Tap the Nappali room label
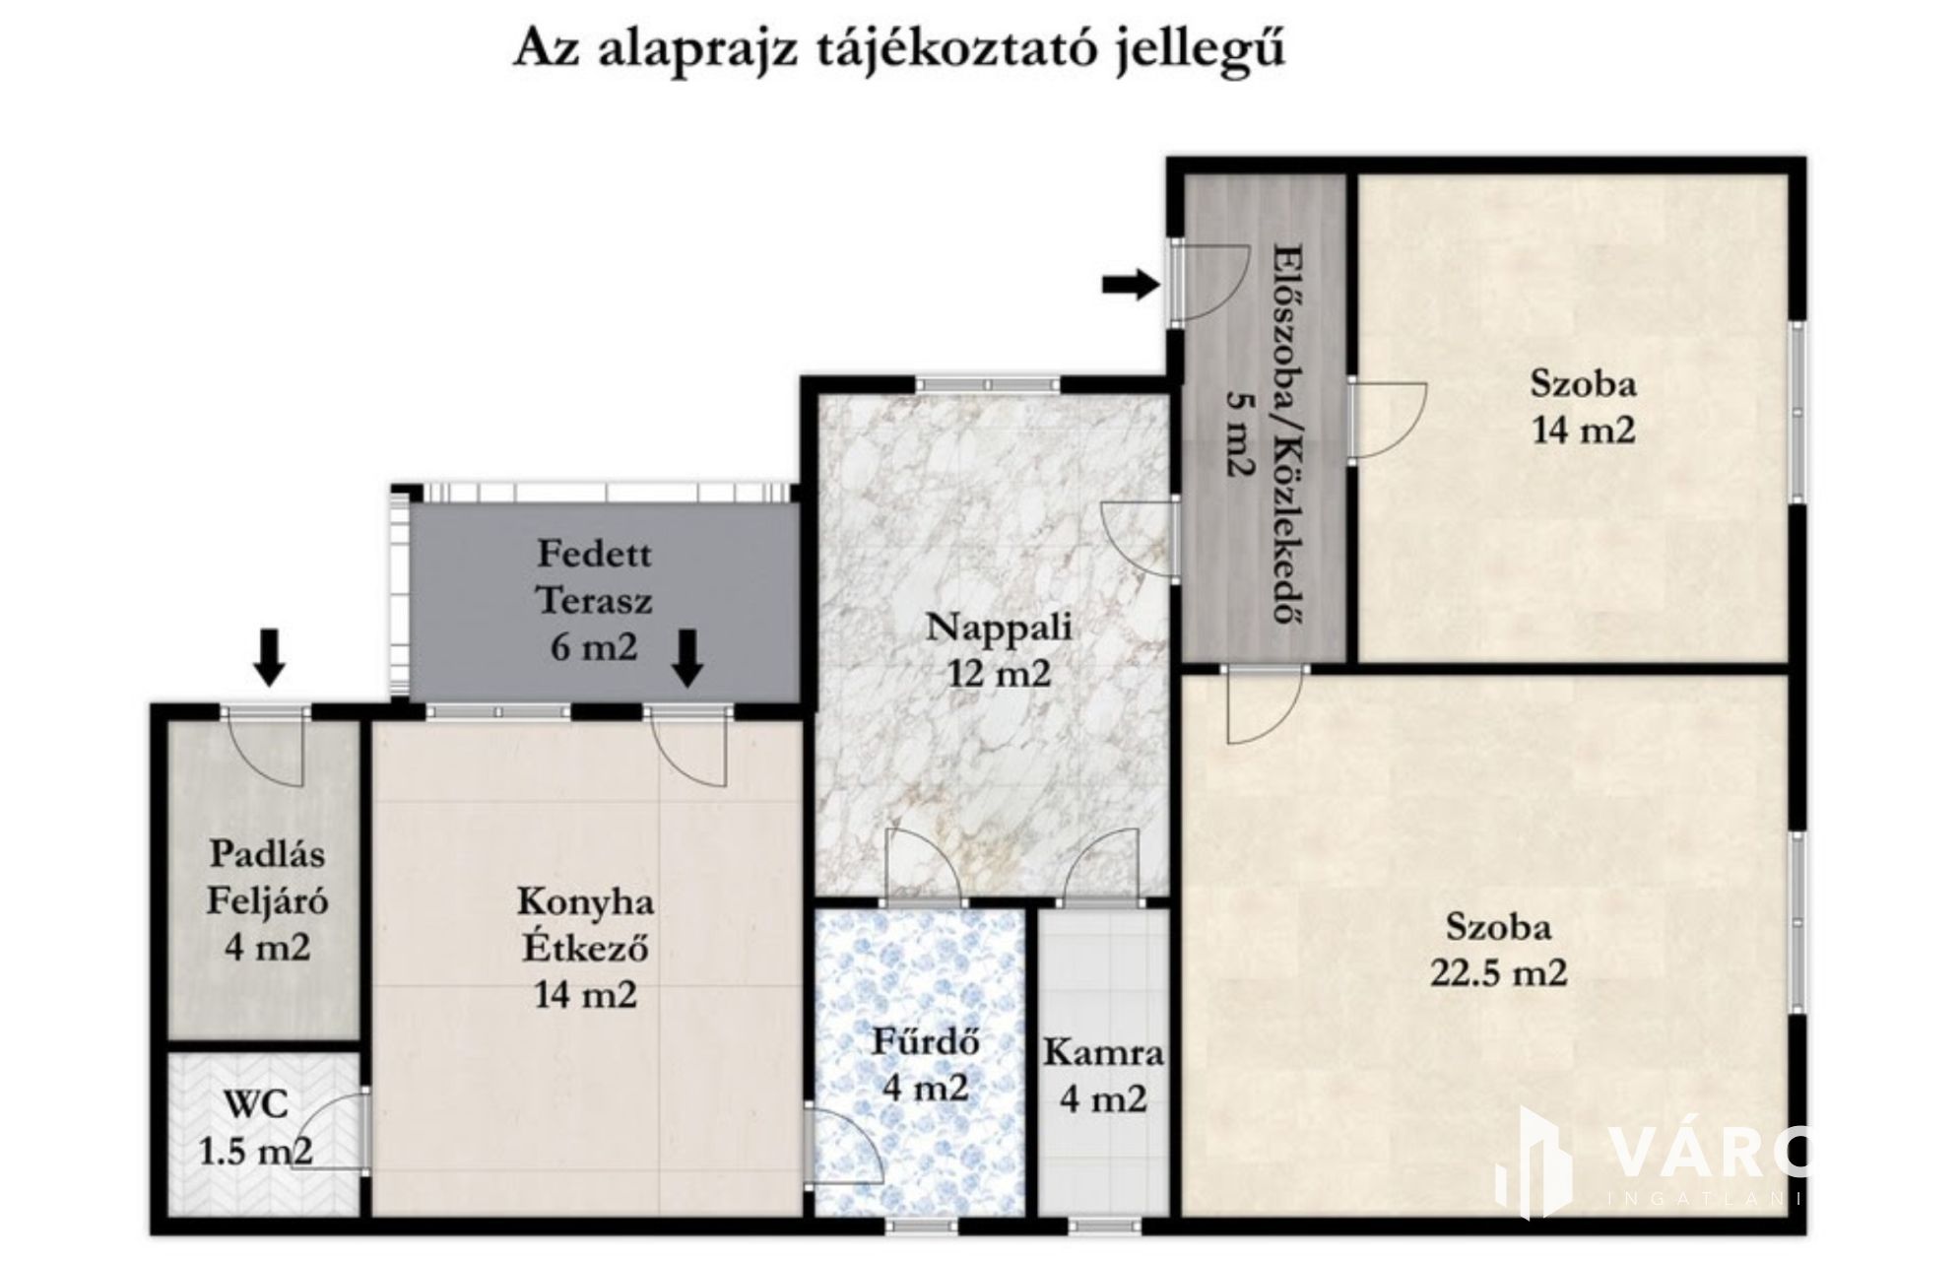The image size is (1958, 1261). [x=999, y=627]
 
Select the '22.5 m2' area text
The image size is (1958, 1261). [x=1498, y=973]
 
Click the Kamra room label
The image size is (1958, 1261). [x=1103, y=1052]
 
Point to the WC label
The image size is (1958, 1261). [x=256, y=1104]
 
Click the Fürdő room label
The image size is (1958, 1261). [x=925, y=1040]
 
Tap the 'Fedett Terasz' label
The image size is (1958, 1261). [x=594, y=576]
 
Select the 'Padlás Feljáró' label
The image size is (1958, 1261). [x=267, y=878]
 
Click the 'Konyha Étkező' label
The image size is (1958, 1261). [x=585, y=924]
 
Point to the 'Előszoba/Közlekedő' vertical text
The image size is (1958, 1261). [x=1281, y=432]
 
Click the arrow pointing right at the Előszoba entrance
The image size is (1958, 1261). [x=1130, y=285]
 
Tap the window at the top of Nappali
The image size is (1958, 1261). [x=988, y=384]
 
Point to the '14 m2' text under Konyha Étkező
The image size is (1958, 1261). [x=585, y=994]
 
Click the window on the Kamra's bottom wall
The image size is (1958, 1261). [x=1105, y=1227]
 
